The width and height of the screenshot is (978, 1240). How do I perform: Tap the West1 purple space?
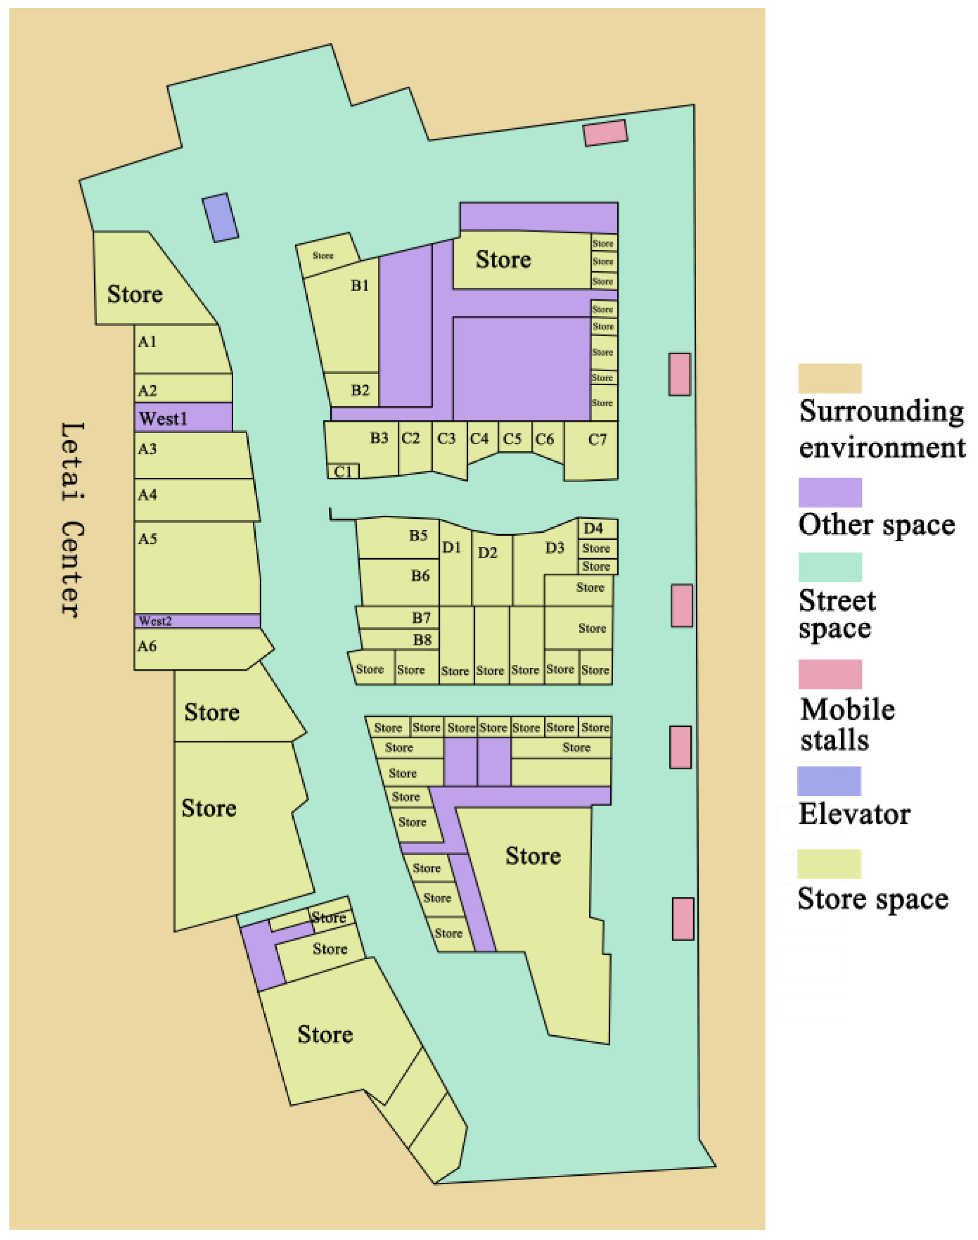183,418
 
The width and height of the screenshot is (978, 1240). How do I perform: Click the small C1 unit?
343,471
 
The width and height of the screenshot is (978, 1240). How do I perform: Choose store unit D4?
597,528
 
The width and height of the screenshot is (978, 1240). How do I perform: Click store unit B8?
400,639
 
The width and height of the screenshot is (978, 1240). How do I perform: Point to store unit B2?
352,390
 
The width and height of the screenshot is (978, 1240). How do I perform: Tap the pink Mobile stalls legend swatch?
830,674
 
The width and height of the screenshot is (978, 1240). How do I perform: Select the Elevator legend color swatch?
829,781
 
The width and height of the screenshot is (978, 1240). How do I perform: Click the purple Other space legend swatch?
830,493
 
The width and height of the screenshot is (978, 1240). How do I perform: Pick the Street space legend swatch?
830,567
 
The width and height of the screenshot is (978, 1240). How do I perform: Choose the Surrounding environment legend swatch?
830,378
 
